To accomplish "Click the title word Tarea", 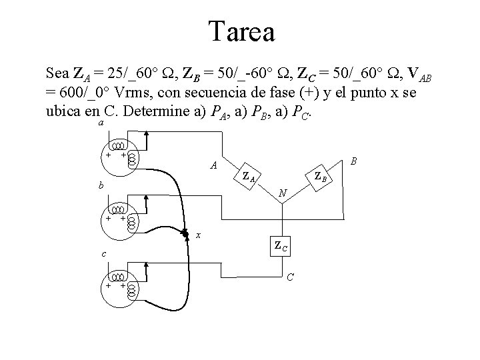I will point(241,31).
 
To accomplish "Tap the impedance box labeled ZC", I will point(280,246).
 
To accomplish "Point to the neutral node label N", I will point(283,193).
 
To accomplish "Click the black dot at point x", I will point(185,234).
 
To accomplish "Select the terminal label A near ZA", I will point(213,165).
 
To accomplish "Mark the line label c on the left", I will point(102,254).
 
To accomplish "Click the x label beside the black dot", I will point(199,234).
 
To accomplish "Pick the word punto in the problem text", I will point(372,92).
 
